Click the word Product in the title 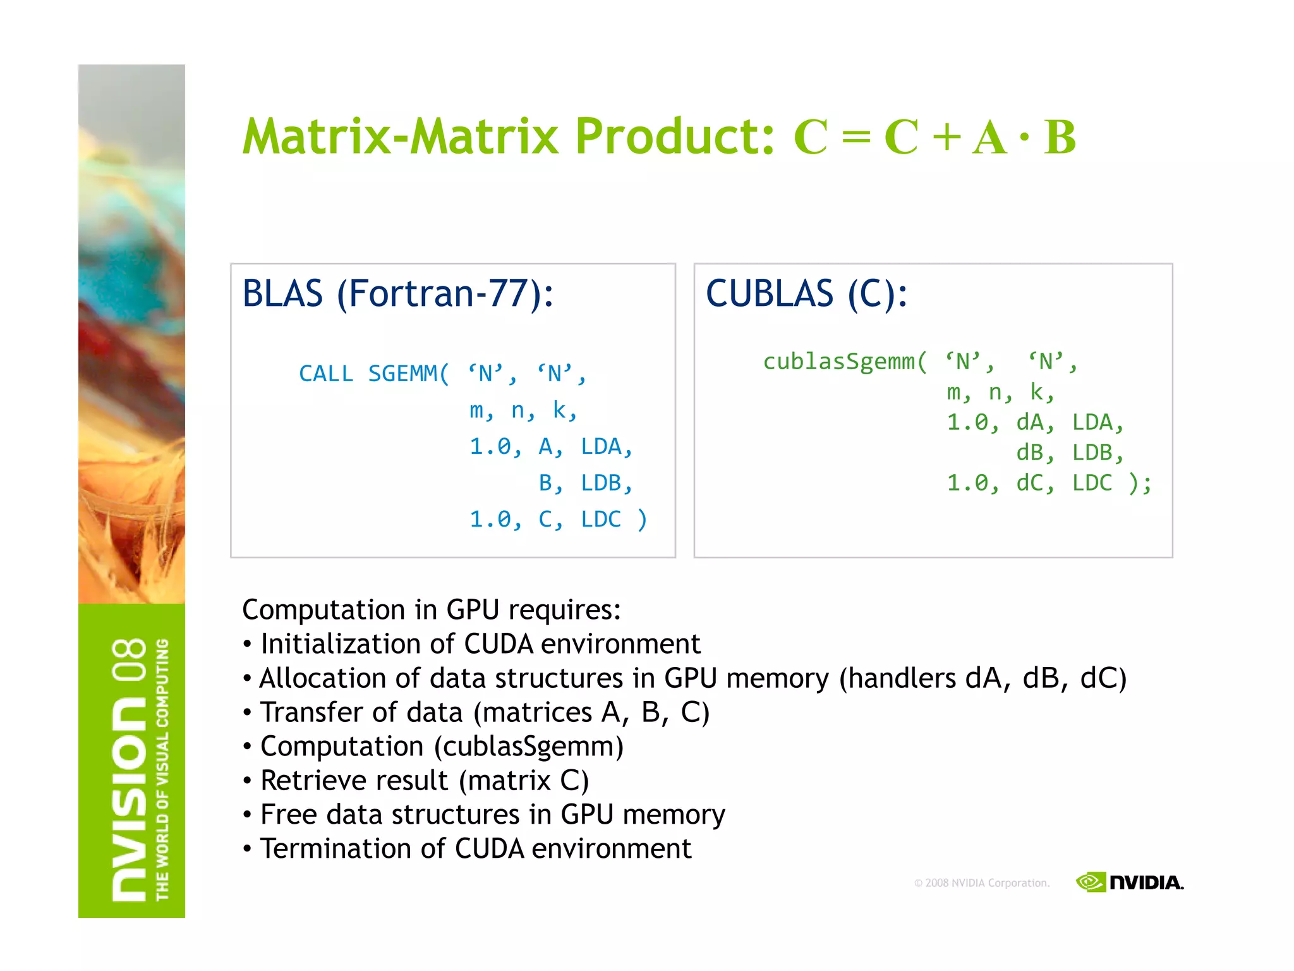[674, 137]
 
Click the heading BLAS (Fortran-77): [398, 294]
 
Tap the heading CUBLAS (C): [806, 294]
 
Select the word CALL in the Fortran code [326, 374]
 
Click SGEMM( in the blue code [408, 374]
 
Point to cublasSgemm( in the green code [845, 362]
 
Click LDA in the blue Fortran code [605, 447]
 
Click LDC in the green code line [1092, 483]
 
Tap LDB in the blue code [605, 483]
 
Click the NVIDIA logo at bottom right [1130, 882]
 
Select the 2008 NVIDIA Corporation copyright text [982, 883]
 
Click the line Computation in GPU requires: [432, 610]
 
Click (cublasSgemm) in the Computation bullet [529, 747]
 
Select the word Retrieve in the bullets [310, 781]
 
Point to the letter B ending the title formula [1060, 137]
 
